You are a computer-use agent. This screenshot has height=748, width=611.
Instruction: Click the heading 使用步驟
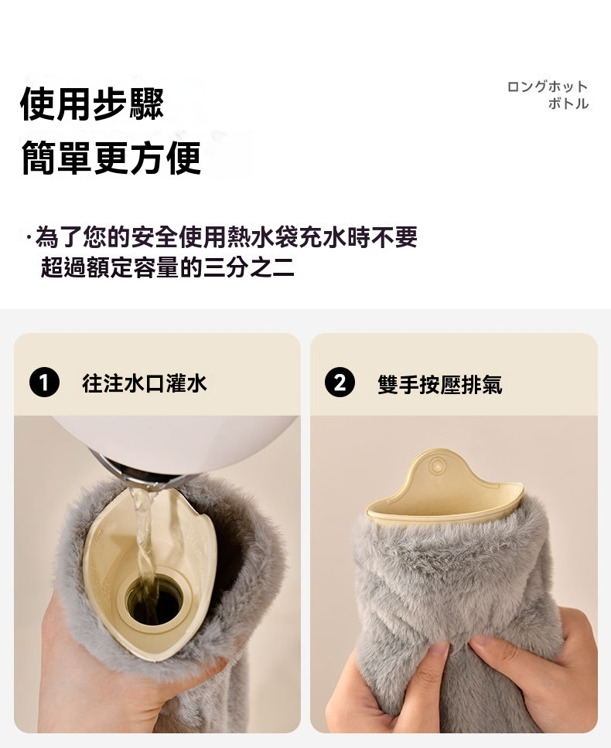click(x=92, y=104)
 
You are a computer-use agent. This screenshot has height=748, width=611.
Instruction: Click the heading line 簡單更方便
click(x=111, y=158)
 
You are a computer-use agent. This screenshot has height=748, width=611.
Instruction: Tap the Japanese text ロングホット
click(x=547, y=87)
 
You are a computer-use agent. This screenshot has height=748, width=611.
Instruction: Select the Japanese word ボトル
click(x=568, y=103)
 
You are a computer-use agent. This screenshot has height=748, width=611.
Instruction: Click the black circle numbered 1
click(x=44, y=382)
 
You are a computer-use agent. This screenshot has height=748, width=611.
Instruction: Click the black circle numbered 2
click(x=340, y=382)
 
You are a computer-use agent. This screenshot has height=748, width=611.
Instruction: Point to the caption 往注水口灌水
click(x=144, y=383)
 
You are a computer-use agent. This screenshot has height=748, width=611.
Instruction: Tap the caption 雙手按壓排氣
click(x=439, y=384)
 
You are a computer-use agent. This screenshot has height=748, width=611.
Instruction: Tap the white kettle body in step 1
click(x=176, y=441)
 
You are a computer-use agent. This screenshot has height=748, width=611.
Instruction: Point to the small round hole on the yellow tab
click(x=435, y=465)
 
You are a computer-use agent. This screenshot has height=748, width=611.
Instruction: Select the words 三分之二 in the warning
click(x=249, y=267)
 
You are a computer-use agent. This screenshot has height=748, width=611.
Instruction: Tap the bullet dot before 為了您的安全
click(x=29, y=237)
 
